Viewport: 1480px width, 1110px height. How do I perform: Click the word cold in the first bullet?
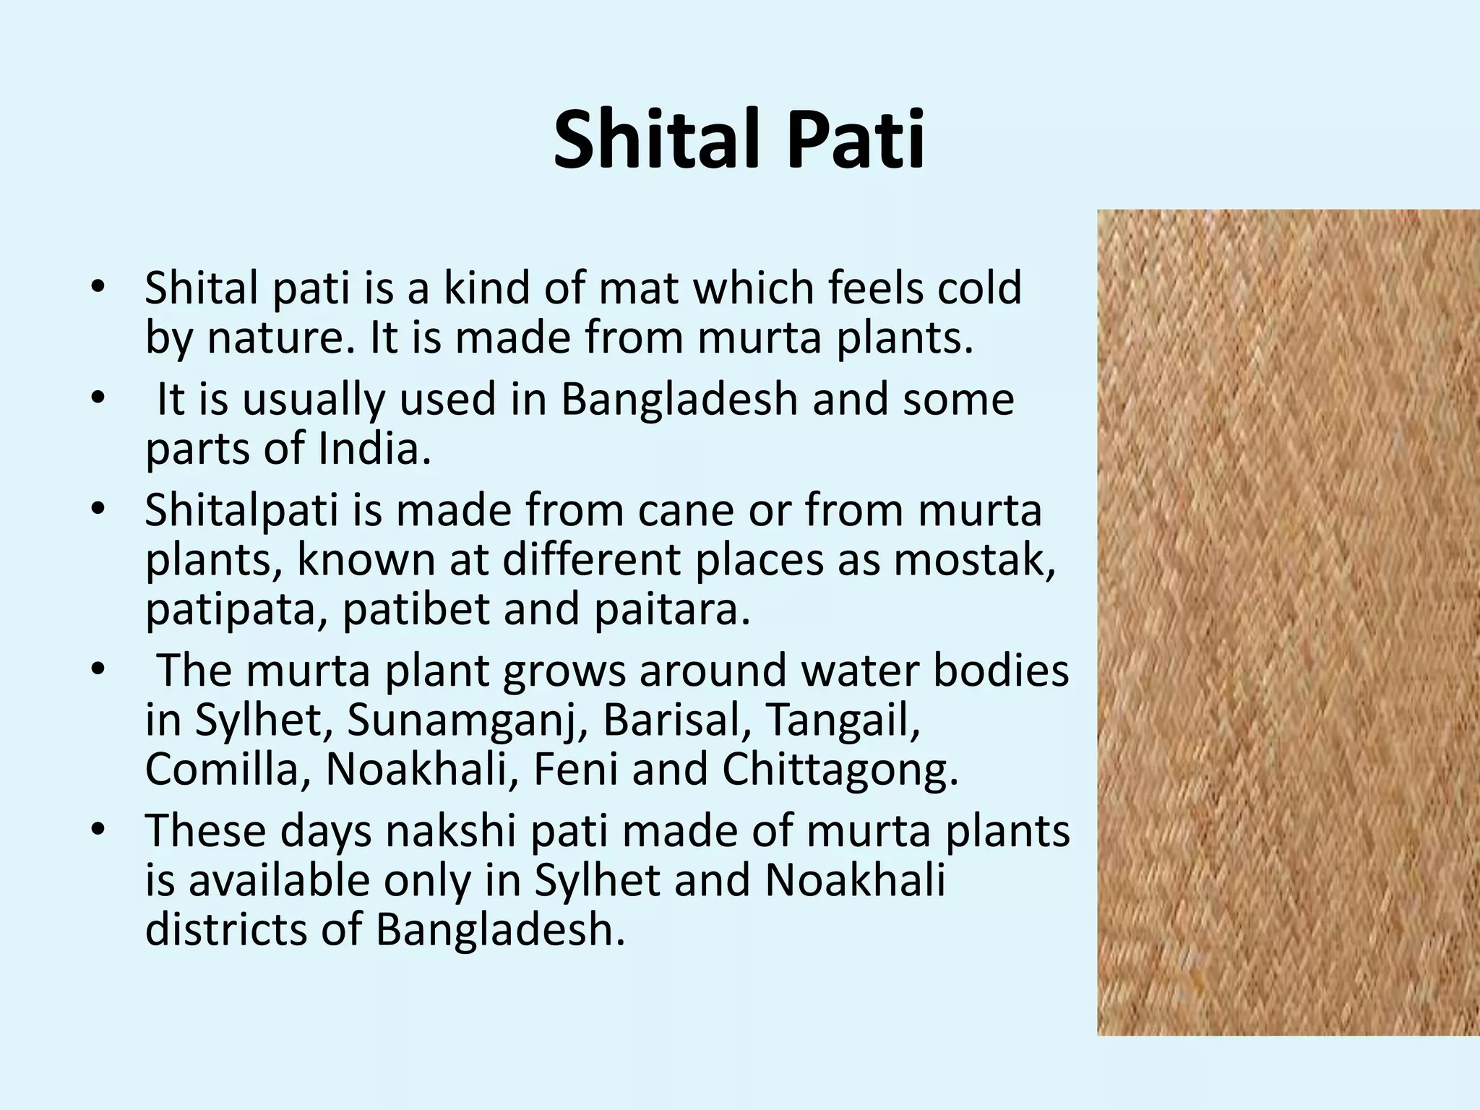pos(979,288)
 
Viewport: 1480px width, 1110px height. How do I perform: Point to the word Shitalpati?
pos(241,512)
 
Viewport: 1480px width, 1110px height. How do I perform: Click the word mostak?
pos(974,559)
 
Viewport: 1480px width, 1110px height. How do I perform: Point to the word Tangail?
pos(843,721)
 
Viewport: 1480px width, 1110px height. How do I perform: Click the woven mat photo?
pos(1288,621)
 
